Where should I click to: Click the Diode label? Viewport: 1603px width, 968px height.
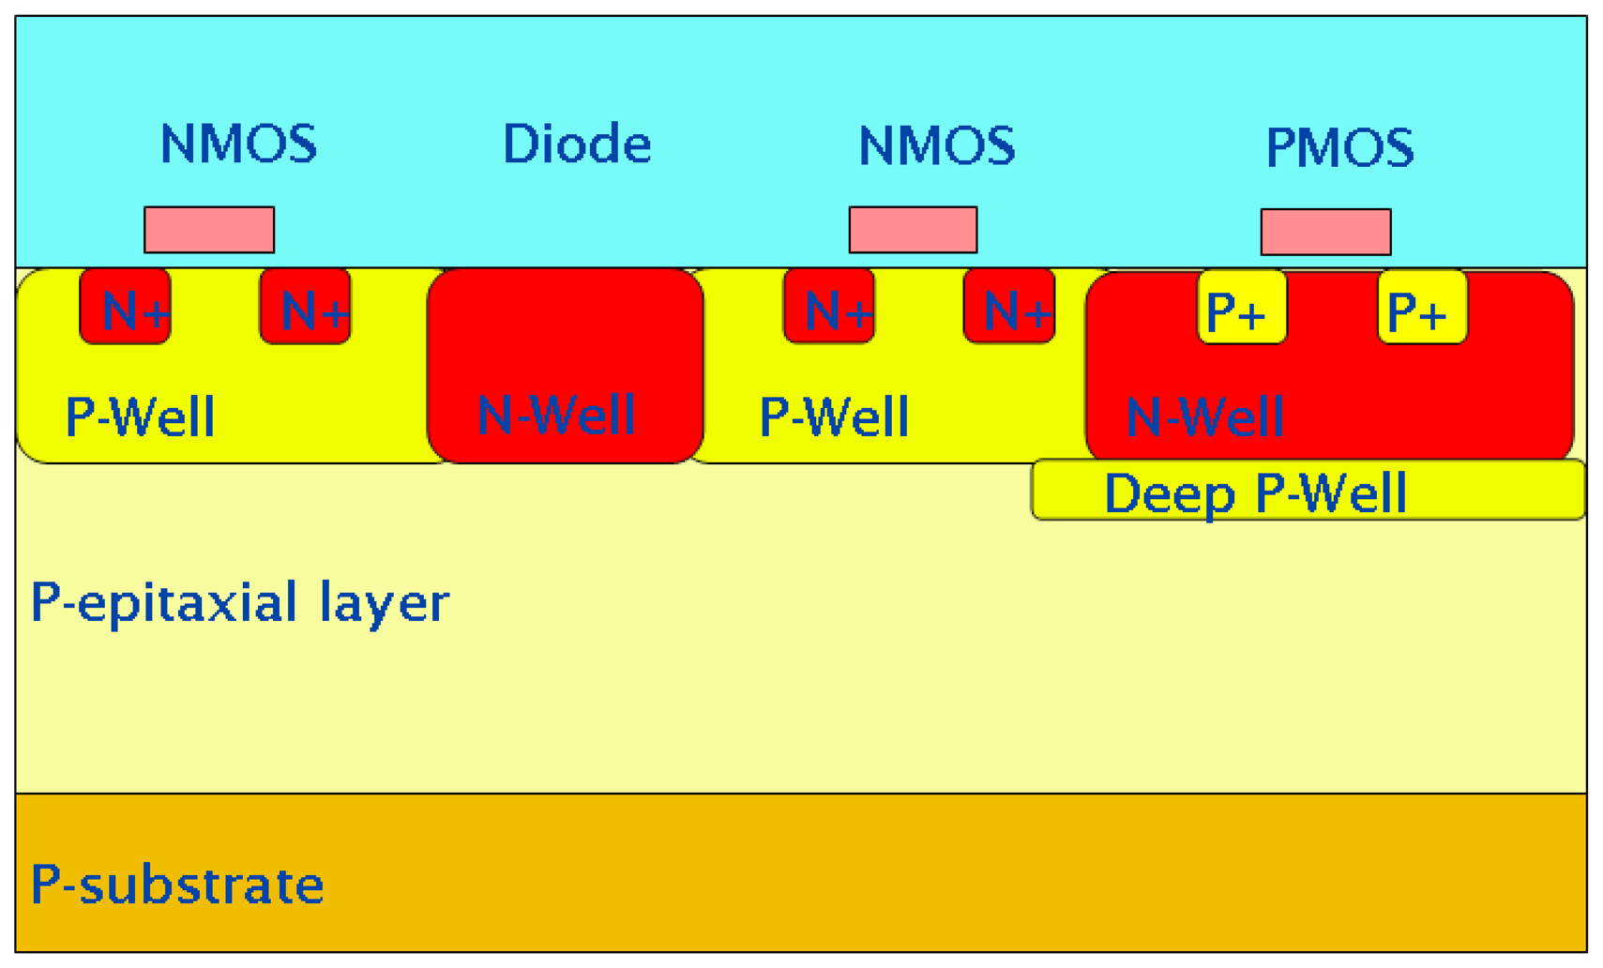(576, 144)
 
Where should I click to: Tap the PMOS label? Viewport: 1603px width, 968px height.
(1338, 148)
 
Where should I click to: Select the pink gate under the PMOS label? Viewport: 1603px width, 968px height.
(1324, 232)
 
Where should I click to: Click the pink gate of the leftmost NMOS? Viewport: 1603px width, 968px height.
(208, 230)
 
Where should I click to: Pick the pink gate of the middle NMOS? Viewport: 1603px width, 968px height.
(912, 230)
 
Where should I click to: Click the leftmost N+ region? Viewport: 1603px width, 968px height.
(126, 307)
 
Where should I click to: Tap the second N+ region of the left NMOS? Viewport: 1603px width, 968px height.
(306, 307)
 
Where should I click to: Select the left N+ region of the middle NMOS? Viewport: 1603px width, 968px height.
(829, 307)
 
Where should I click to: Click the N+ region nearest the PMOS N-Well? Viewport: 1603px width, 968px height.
(1009, 307)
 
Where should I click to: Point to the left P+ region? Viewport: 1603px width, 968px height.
(1242, 308)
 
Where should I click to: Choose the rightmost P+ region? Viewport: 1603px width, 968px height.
(1422, 308)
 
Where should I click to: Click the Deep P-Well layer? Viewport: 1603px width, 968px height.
(1308, 491)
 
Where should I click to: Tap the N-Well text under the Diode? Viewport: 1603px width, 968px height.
(556, 415)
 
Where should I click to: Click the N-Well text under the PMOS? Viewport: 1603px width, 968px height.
(1204, 416)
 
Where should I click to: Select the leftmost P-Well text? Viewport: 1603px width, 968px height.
(140, 416)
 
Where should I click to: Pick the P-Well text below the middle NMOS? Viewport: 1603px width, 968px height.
(834, 416)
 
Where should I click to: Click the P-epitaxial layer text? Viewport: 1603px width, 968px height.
(239, 602)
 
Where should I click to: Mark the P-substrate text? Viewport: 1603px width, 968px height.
(176, 884)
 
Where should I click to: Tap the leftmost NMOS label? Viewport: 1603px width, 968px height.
(238, 144)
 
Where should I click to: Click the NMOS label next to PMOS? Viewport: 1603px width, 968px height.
(936, 146)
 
